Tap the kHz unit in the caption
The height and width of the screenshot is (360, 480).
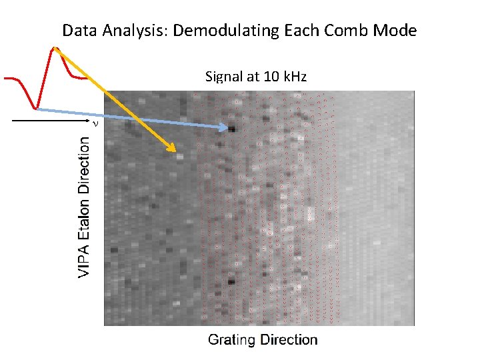[293, 77]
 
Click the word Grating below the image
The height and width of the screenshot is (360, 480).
[231, 340]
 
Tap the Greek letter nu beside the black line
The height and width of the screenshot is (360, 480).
[95, 123]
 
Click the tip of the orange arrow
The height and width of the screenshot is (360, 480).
[175, 151]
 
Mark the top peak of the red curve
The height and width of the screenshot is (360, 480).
[54, 48]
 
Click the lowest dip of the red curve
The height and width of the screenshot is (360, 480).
[36, 107]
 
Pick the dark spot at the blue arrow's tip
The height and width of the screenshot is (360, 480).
[232, 129]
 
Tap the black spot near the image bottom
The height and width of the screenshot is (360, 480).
[231, 282]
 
